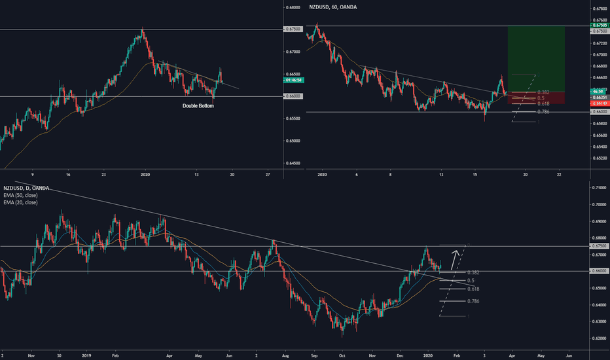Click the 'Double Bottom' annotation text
pyautogui.click(x=198, y=105)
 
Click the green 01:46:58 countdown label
pyautogui.click(x=293, y=80)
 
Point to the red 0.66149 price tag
pyautogui.click(x=599, y=103)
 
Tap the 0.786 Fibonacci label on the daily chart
pyautogui.click(x=475, y=301)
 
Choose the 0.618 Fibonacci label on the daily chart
pyautogui.click(x=475, y=288)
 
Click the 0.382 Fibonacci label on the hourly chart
pyautogui.click(x=542, y=92)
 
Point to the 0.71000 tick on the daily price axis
pyautogui.click(x=600, y=188)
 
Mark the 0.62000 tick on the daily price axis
pyautogui.click(x=600, y=338)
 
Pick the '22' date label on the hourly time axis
pyautogui.click(x=559, y=175)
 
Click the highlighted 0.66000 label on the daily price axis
pyautogui.click(x=600, y=271)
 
